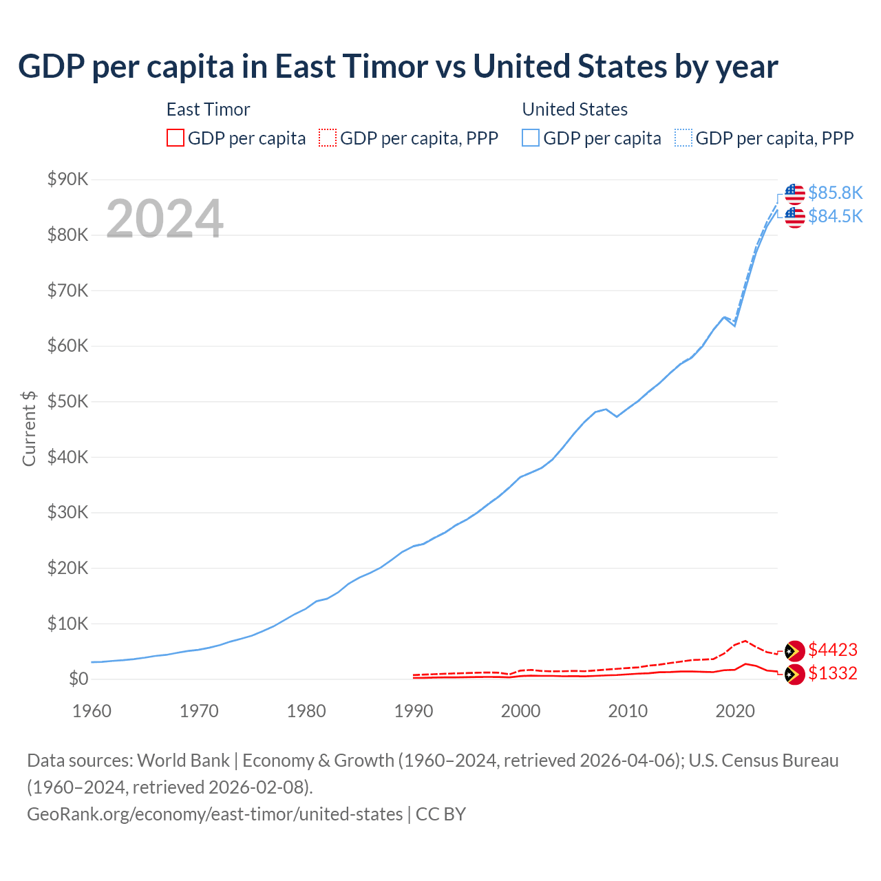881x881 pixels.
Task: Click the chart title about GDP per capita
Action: point(398,67)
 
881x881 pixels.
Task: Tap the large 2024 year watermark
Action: point(164,219)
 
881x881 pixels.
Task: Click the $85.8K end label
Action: point(835,193)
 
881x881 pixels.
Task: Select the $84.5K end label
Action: point(835,216)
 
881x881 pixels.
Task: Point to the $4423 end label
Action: point(833,650)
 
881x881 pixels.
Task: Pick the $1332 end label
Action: point(833,673)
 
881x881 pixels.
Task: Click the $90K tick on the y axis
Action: point(67,180)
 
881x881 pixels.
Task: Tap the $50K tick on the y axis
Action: point(67,402)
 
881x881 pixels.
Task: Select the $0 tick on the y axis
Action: point(78,679)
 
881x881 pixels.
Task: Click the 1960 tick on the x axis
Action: point(92,711)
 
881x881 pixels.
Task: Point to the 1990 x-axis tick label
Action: point(414,711)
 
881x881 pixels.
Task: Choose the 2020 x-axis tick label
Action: point(735,711)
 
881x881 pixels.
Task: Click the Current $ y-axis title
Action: point(29,429)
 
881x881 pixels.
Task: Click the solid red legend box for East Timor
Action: point(176,138)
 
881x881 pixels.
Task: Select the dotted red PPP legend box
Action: point(328,138)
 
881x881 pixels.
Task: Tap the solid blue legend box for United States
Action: point(531,138)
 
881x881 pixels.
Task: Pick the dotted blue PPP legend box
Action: point(683,138)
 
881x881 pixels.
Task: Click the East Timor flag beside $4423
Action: point(795,650)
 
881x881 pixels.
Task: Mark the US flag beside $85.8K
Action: point(795,193)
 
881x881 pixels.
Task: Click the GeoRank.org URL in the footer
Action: point(215,814)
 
